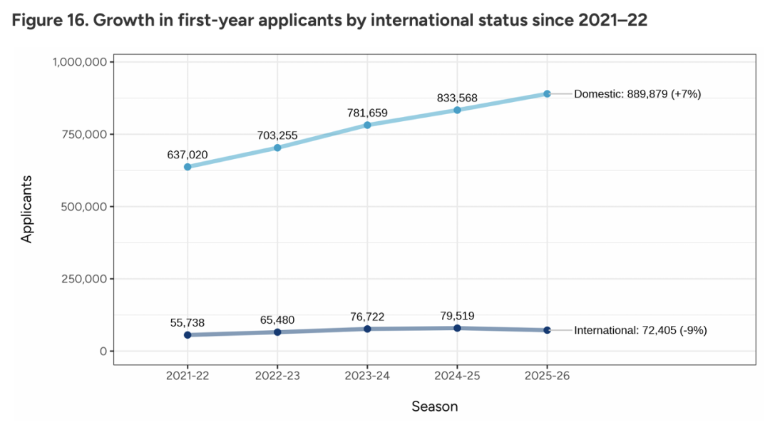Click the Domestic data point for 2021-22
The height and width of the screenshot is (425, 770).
point(188,167)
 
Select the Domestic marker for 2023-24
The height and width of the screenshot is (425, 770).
point(367,125)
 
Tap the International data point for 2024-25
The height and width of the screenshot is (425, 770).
point(457,328)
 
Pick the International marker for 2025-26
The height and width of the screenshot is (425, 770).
point(547,330)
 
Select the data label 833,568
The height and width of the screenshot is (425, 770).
point(457,98)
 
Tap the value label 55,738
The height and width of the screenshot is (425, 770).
point(188,322)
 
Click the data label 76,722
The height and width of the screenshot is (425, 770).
point(367,316)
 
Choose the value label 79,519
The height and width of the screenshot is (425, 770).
point(457,315)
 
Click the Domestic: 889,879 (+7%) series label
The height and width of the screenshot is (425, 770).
point(637,93)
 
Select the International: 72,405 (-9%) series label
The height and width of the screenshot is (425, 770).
point(640,330)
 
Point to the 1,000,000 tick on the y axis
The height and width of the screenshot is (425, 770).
point(80,62)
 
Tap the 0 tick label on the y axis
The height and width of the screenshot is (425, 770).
point(103,351)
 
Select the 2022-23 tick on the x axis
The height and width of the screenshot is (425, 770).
point(277,376)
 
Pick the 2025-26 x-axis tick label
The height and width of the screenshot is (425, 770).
point(547,376)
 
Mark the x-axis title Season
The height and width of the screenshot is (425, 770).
point(434,406)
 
